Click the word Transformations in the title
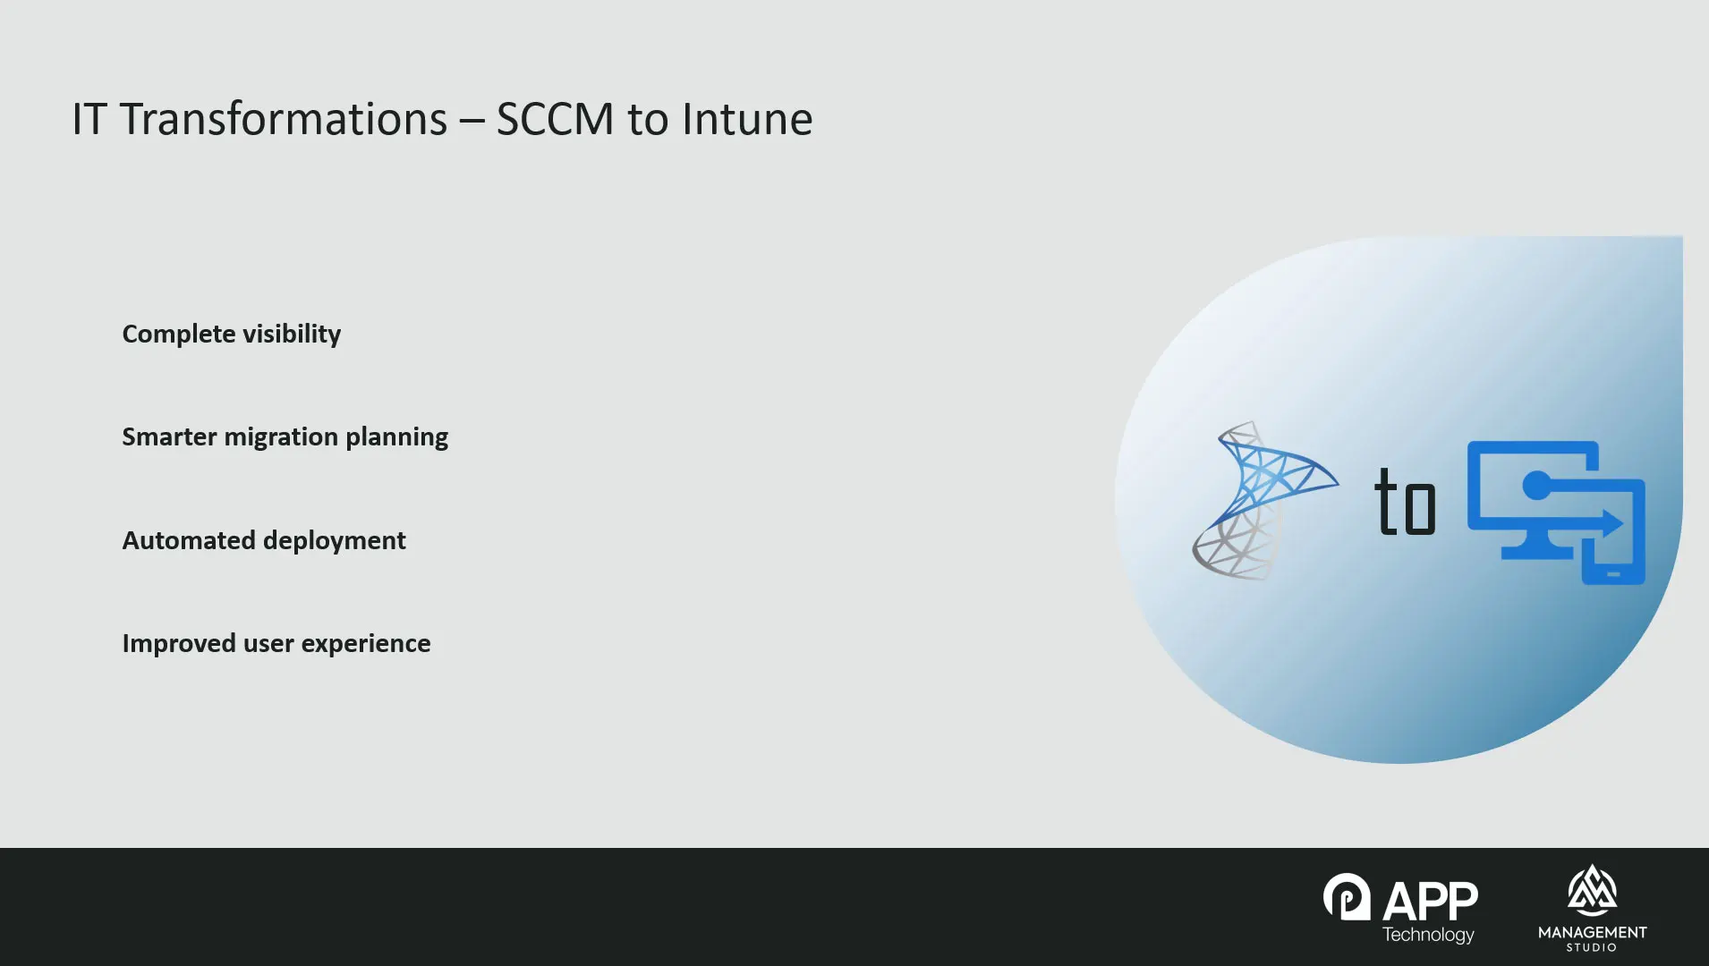point(284,119)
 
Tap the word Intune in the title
point(747,119)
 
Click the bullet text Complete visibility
point(232,335)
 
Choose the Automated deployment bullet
point(264,541)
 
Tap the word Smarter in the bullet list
point(170,436)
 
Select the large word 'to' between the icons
point(1405,502)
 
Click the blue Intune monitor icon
point(1556,513)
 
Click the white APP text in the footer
point(1431,901)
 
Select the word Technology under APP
point(1428,935)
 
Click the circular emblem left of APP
point(1347,897)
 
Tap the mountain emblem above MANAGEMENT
point(1592,891)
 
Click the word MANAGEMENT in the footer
point(1593,932)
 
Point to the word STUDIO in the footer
point(1592,947)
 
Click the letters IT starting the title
point(90,119)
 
